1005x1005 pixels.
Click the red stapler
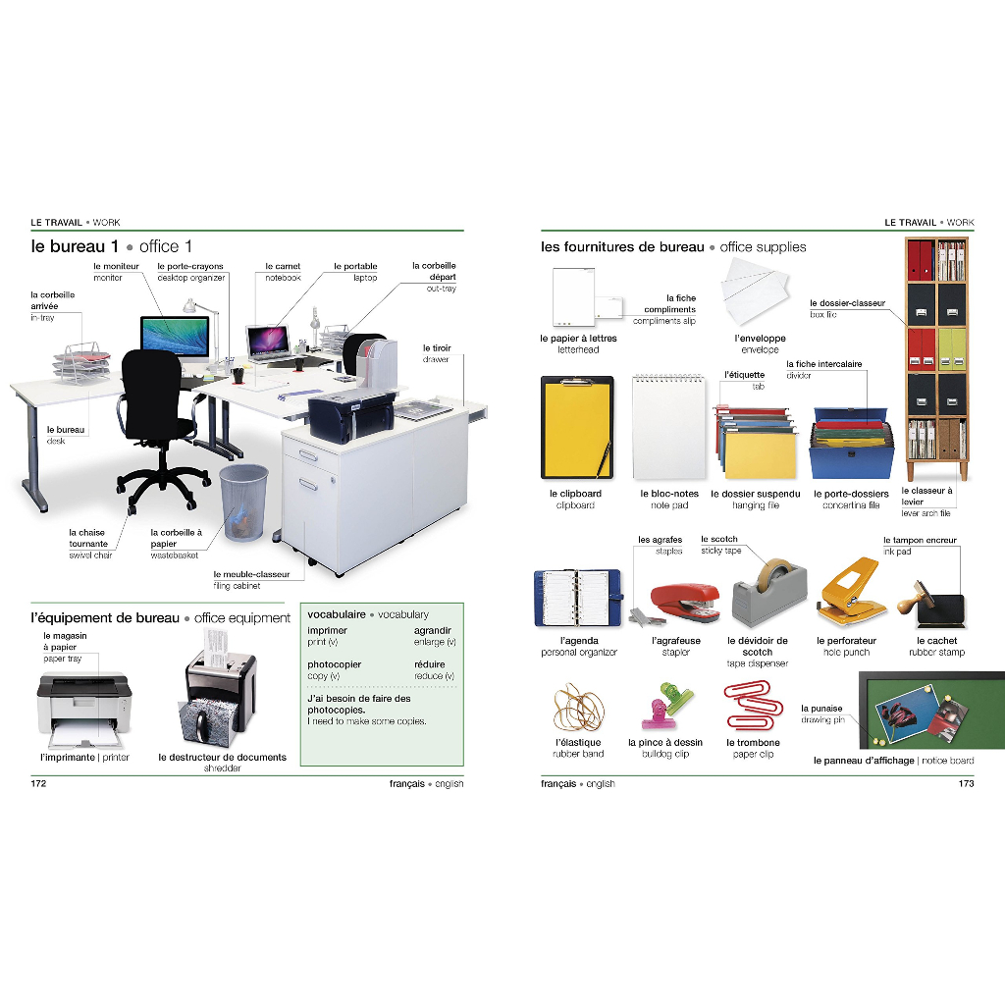[684, 602]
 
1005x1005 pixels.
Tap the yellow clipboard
[577, 428]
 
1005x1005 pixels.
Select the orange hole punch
[851, 592]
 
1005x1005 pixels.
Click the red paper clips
[753, 705]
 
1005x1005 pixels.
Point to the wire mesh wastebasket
[243, 502]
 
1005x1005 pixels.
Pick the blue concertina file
[851, 444]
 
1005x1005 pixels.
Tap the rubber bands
[578, 709]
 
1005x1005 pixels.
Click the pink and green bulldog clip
[666, 707]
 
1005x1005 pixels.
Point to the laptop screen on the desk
[269, 340]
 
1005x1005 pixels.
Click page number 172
[38, 783]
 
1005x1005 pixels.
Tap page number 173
[966, 783]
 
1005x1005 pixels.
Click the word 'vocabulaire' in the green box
[337, 614]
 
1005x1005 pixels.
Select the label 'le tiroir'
[437, 348]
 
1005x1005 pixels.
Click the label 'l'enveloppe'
[761, 339]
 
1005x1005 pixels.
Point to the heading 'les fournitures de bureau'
[622, 246]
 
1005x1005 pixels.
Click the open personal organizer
[577, 598]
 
